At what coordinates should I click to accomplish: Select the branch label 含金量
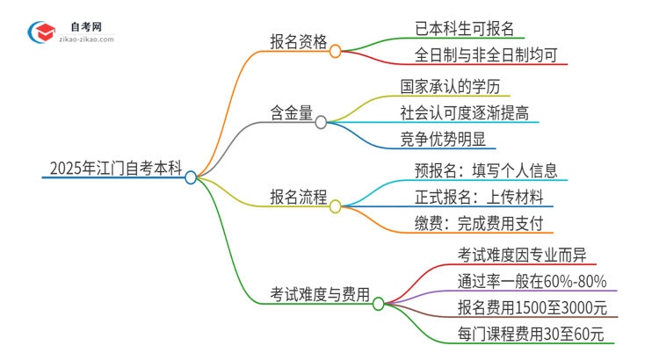click(x=292, y=112)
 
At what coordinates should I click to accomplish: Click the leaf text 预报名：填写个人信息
click(x=486, y=169)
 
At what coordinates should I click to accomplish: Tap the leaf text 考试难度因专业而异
click(x=516, y=255)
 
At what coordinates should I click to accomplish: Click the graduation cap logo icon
click(x=39, y=31)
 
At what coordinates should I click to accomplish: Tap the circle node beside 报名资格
click(x=335, y=52)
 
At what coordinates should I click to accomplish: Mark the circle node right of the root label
click(x=191, y=177)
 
